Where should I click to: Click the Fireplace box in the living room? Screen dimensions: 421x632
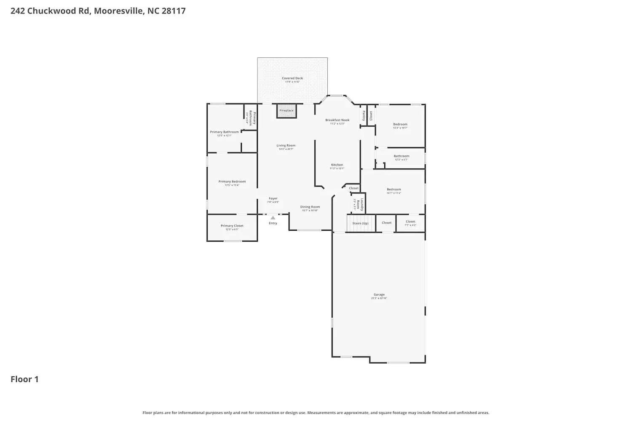pos(287,111)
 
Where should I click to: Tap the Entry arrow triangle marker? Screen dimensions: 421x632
pos(273,218)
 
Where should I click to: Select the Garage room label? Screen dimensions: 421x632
pos(379,295)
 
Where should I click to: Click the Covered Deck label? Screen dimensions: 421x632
pos(292,78)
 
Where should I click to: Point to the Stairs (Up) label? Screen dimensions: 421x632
pos(360,223)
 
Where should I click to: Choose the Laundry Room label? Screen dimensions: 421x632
pos(359,204)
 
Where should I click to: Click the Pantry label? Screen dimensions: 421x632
pos(363,116)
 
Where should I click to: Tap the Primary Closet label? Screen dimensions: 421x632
pos(232,226)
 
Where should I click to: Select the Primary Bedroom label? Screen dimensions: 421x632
pos(232,182)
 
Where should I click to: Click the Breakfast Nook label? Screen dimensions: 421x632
pos(337,120)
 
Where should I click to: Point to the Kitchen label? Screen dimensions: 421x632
pos(337,165)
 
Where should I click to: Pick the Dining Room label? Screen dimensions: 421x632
pos(310,207)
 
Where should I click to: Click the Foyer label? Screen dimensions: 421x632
pos(273,199)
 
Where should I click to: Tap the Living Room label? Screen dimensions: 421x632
pos(286,146)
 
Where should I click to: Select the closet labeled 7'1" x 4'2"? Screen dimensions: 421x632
pos(410,222)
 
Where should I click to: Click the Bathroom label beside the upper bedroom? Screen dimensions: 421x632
pos(402,156)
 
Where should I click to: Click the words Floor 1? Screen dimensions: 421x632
pos(24,379)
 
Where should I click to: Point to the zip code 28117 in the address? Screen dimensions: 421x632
pos(174,11)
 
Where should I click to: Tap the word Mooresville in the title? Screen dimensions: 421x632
pos(118,11)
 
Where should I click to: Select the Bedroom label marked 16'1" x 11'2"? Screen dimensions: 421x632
pos(394,189)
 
